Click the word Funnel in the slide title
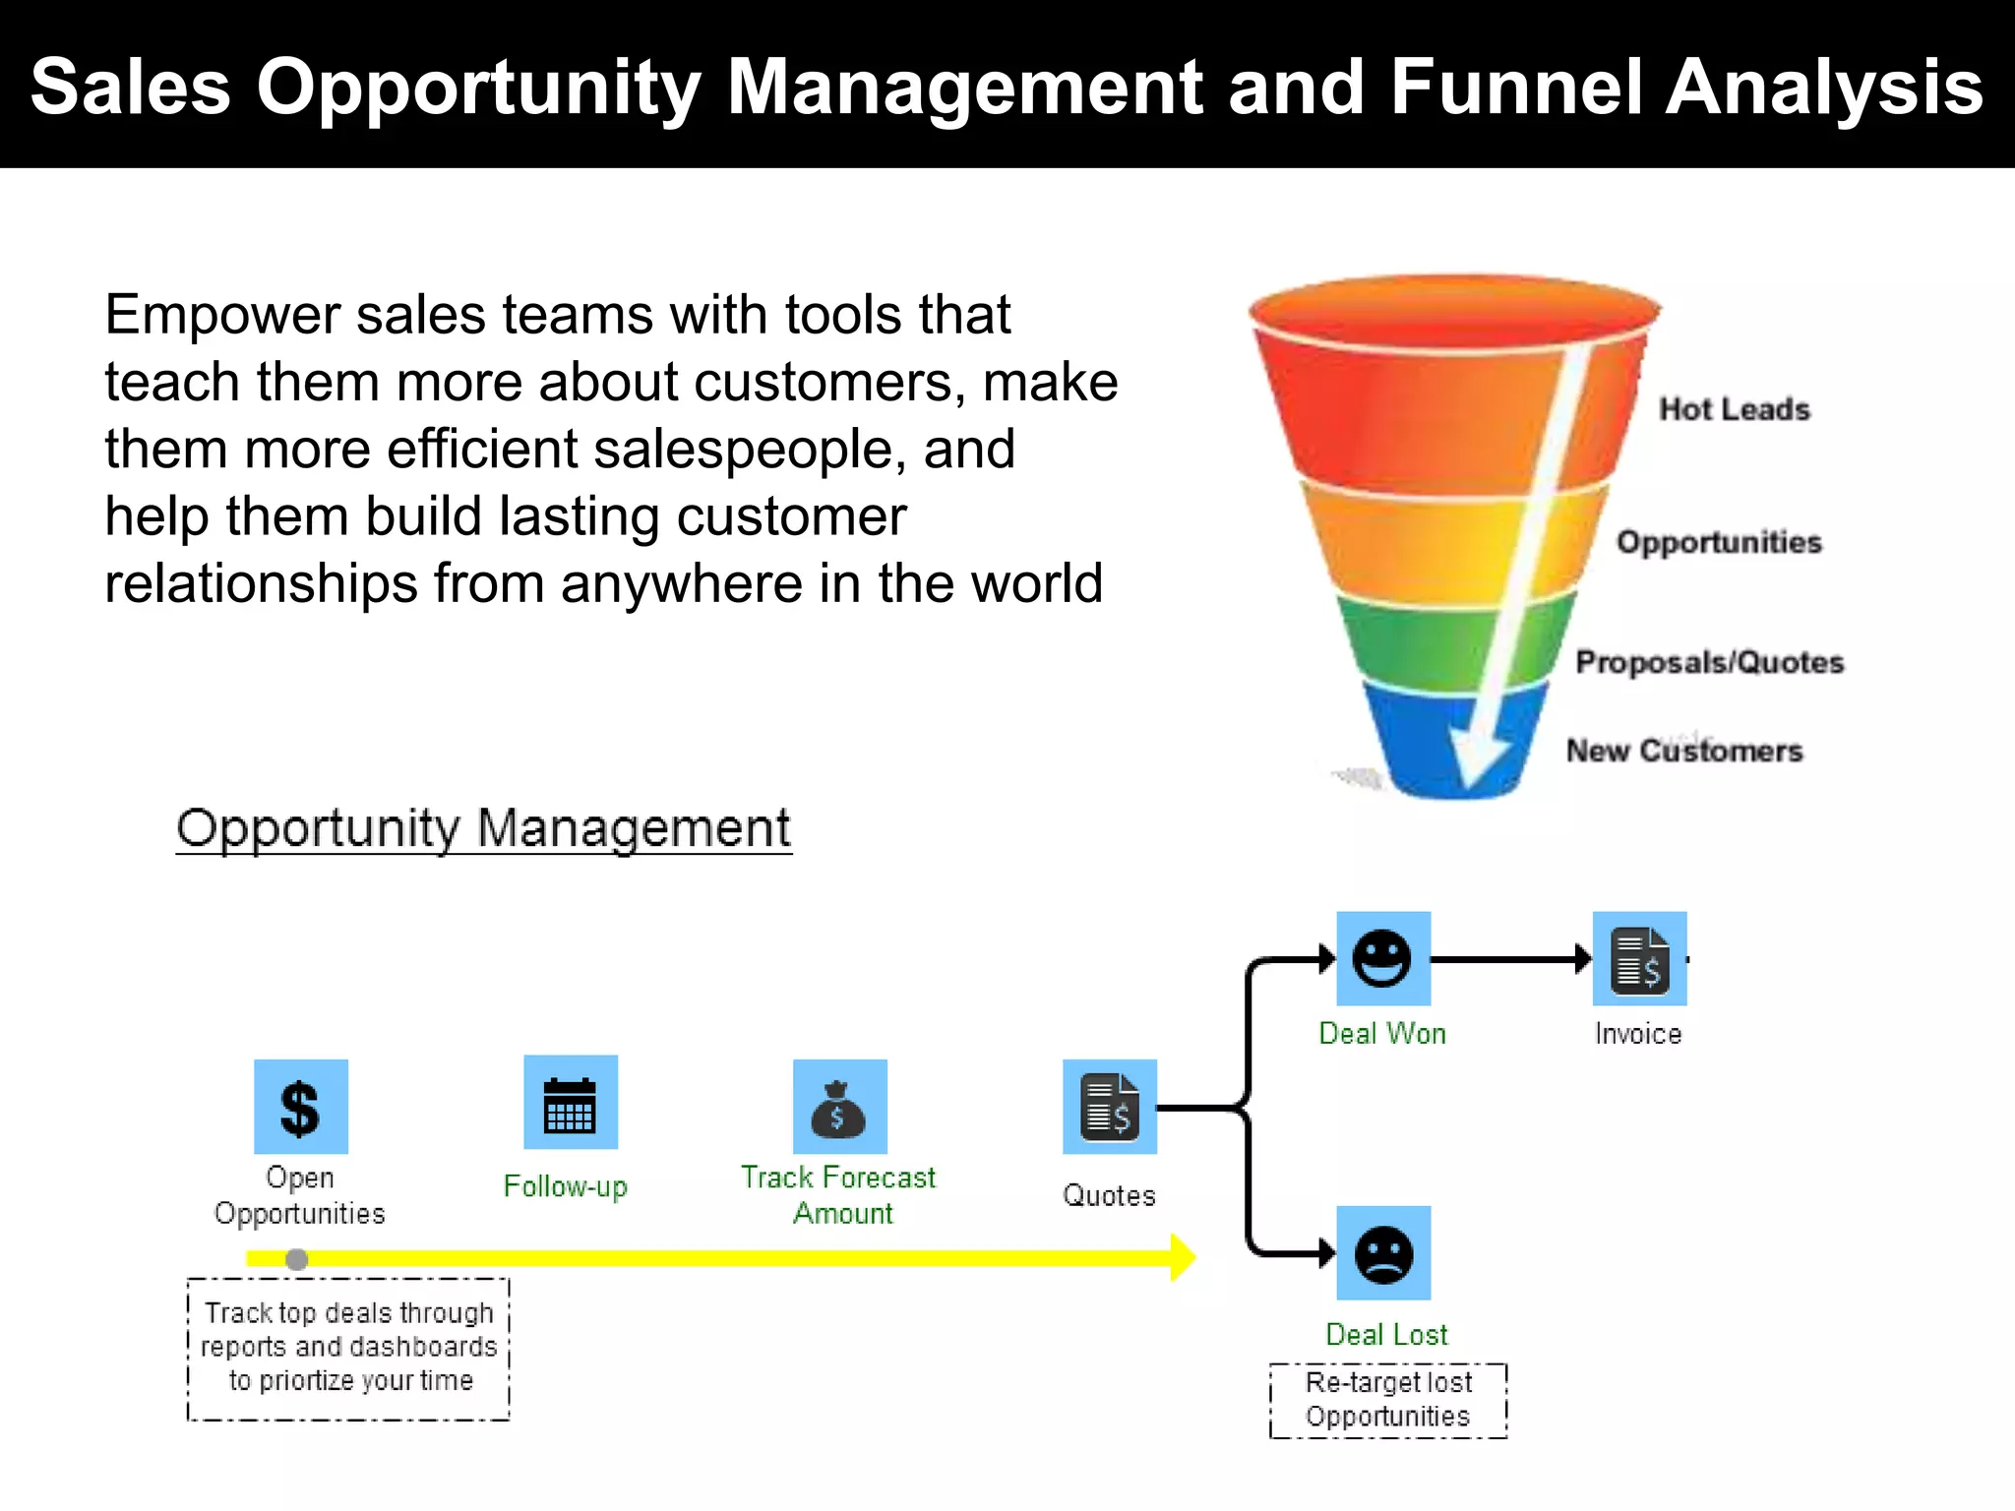point(1515,87)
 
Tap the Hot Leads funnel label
point(1734,409)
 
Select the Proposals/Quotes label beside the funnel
point(1709,662)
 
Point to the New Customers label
point(1683,751)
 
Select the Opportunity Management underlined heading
point(483,828)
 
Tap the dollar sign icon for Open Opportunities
point(300,1107)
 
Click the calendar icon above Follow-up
point(571,1103)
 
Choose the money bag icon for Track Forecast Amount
point(839,1107)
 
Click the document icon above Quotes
point(1109,1107)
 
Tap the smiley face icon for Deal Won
point(1382,958)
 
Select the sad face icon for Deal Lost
point(1382,1253)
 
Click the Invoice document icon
point(1639,958)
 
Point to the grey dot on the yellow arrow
point(296,1259)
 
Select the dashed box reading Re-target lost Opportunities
point(1387,1401)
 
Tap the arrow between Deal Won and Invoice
point(1510,958)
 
